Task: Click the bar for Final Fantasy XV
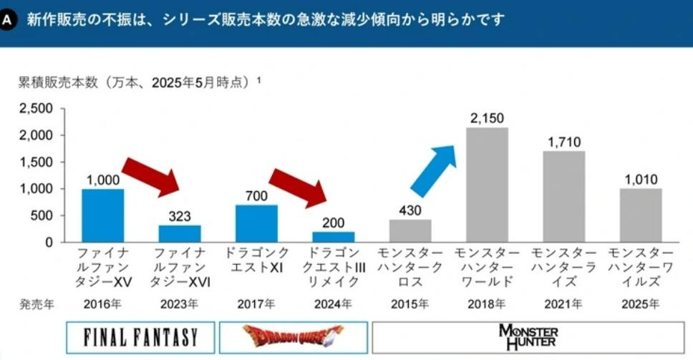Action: (x=102, y=215)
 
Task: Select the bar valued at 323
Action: (x=180, y=234)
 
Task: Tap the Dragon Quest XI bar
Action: (x=256, y=223)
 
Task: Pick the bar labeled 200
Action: (x=333, y=237)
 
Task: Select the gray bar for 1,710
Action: (x=563, y=196)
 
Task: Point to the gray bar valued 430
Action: (x=410, y=230)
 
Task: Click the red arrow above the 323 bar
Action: (x=152, y=174)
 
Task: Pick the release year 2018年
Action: (x=487, y=303)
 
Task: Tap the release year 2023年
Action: (x=180, y=303)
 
